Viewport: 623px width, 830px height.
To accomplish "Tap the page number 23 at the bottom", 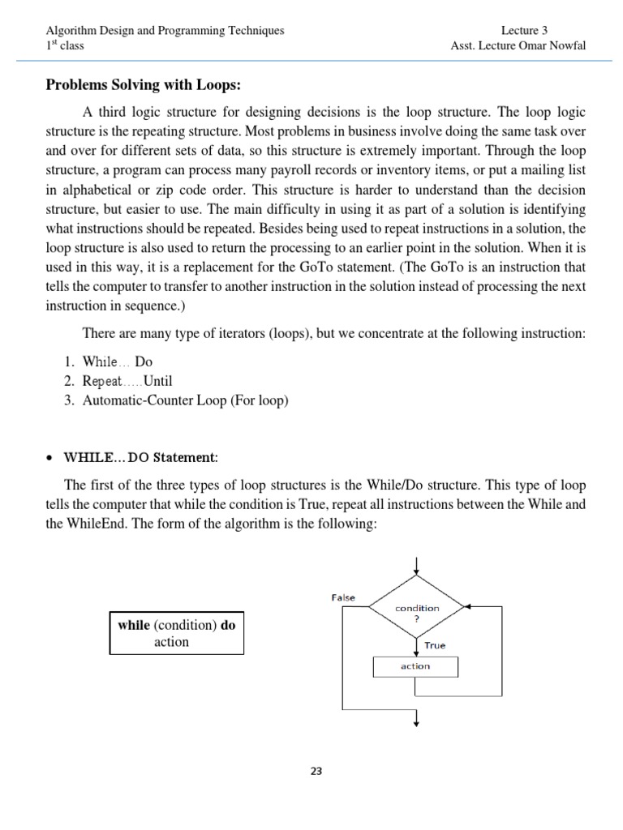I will [x=316, y=771].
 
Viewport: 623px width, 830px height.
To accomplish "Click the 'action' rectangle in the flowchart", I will [x=415, y=666].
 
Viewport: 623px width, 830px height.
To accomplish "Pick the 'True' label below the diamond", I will [x=434, y=645].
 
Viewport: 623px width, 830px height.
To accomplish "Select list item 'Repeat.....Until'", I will [x=127, y=381].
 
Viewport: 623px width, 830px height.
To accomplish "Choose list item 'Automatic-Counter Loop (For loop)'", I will [x=186, y=400].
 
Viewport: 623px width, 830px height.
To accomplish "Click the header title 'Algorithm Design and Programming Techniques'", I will [x=165, y=31].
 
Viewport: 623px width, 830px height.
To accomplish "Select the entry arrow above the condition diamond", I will [x=416, y=566].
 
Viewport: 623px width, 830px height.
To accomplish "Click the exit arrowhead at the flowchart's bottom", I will [x=416, y=721].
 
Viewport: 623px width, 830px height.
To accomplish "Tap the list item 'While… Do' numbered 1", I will [x=118, y=362].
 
